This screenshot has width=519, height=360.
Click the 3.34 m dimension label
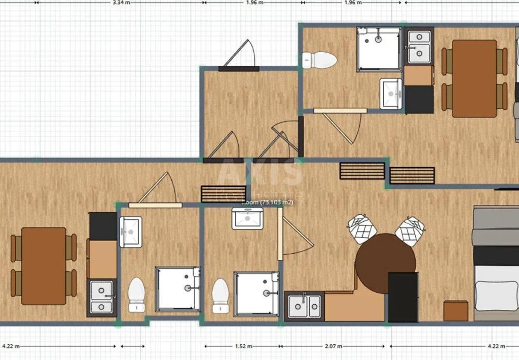(x=121, y=2)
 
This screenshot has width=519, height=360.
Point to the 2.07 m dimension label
(x=333, y=346)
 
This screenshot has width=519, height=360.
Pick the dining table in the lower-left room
(x=44, y=266)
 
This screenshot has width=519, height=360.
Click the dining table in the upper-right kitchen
(x=474, y=78)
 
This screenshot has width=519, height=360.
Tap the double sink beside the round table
(x=304, y=306)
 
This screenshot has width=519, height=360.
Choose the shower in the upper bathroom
(x=379, y=49)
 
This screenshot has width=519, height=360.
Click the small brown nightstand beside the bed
(x=455, y=310)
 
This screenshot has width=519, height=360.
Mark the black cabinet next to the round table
(x=403, y=297)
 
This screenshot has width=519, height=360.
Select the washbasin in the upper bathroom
(x=391, y=93)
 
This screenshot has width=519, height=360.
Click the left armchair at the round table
(x=362, y=228)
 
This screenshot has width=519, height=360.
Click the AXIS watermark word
(x=260, y=172)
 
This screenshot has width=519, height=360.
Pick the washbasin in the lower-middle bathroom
(x=247, y=218)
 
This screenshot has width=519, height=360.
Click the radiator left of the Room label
(x=224, y=194)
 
